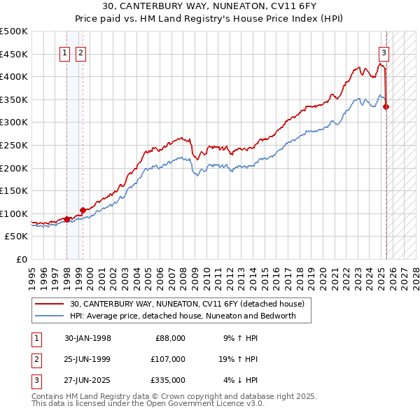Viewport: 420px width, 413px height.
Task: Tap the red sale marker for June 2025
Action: pos(386,106)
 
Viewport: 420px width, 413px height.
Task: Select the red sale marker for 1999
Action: pos(83,210)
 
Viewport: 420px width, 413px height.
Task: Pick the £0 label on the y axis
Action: pos(22,260)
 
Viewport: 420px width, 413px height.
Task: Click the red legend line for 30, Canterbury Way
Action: pos(50,304)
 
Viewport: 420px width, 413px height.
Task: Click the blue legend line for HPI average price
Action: pos(50,316)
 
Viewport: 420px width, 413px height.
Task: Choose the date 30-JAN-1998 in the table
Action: pos(87,338)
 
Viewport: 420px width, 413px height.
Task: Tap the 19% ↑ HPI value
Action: pos(237,359)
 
